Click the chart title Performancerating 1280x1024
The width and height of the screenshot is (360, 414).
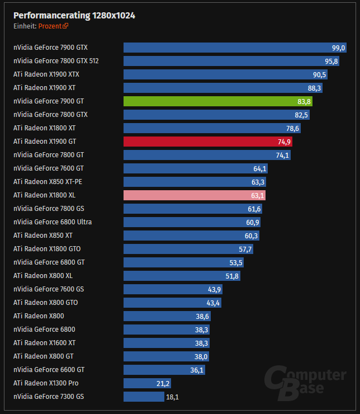pos(74,15)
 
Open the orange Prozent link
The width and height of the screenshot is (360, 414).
pos(53,26)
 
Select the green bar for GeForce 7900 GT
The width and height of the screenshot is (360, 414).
pos(217,101)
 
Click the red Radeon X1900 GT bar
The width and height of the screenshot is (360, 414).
pos(207,142)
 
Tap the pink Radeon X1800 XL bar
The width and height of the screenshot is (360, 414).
pos(194,195)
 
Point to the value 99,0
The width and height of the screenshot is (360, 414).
pos(339,48)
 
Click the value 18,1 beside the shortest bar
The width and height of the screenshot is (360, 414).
pos(172,397)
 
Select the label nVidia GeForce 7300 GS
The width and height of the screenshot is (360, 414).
pos(49,397)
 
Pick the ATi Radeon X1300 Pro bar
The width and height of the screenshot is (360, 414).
pos(146,383)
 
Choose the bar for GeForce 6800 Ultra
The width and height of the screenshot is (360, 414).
pos(192,222)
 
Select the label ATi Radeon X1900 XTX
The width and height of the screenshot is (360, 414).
pos(47,74)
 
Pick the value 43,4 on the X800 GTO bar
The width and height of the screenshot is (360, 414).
pos(229,303)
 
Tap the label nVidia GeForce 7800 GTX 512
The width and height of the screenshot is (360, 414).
pos(56,61)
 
